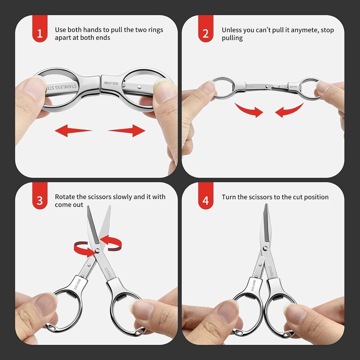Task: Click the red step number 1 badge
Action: (x=40, y=33)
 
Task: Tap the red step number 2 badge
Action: (x=206, y=33)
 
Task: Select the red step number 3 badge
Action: (x=40, y=201)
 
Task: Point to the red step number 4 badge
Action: (x=206, y=201)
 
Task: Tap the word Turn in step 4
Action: (x=229, y=197)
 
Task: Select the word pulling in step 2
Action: (x=232, y=38)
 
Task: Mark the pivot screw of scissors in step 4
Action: (x=266, y=248)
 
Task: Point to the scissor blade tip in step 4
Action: (x=266, y=206)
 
